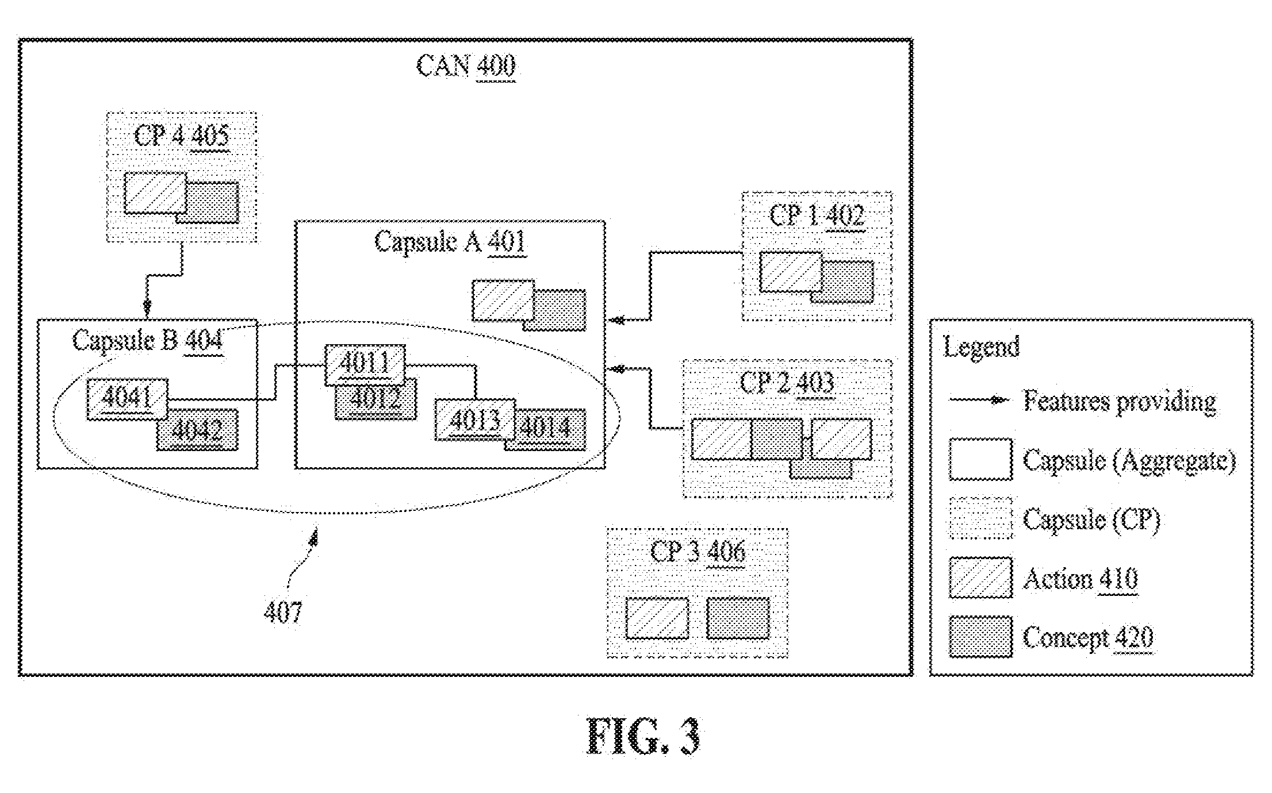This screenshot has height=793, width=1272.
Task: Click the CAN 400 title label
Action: [x=466, y=66]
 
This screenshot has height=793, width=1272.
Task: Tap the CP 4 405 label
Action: [x=182, y=136]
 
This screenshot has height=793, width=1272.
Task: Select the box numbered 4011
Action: [x=365, y=364]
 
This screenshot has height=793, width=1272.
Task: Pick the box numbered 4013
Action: [x=475, y=419]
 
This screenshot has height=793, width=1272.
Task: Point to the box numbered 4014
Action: [x=546, y=429]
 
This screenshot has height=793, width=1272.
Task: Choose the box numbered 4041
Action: [x=127, y=399]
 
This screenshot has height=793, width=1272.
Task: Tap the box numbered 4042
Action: [x=197, y=429]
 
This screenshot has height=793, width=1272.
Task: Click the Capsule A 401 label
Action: [x=450, y=241]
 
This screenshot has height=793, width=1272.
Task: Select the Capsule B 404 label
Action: [x=148, y=341]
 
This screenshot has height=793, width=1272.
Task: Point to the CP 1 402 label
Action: [x=817, y=216]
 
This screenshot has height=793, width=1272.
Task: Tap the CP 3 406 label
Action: [x=698, y=552]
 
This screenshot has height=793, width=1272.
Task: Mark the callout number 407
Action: [x=283, y=613]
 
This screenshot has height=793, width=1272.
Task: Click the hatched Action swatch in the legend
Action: [x=980, y=578]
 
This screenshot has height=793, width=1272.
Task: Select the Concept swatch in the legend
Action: [x=980, y=637]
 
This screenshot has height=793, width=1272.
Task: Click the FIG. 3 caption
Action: [x=643, y=737]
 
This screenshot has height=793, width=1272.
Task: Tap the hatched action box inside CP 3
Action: [x=657, y=618]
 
